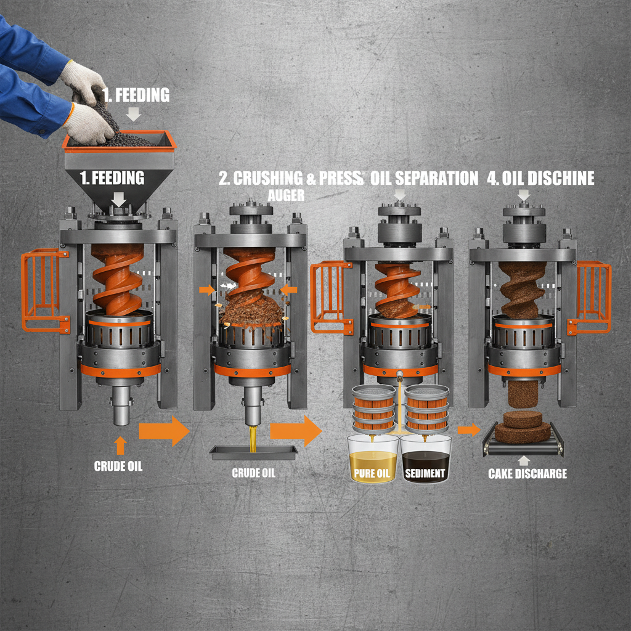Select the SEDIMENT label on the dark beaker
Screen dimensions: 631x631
(x=425, y=474)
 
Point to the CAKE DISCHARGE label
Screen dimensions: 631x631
(x=527, y=473)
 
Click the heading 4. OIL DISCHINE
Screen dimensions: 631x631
(x=540, y=179)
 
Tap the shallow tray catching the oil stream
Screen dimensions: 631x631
(x=253, y=452)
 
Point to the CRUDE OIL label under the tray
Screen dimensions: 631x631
(x=253, y=473)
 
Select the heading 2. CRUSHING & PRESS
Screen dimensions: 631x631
(x=290, y=179)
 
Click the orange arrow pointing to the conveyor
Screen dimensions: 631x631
(x=469, y=429)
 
